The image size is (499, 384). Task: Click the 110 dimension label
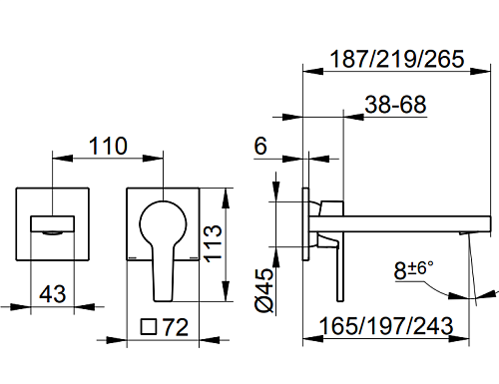coord(108,146)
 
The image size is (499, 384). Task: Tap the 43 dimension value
coord(53,294)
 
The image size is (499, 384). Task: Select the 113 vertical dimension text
coord(214,243)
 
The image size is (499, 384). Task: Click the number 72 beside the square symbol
coord(176,327)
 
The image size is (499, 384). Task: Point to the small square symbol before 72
coord(149,327)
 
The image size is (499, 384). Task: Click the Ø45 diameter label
coord(265,290)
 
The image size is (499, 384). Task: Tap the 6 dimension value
coord(260,146)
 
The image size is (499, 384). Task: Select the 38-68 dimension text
coord(395,105)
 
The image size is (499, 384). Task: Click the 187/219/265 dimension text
coord(397,59)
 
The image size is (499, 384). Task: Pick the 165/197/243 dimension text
coord(386,326)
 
